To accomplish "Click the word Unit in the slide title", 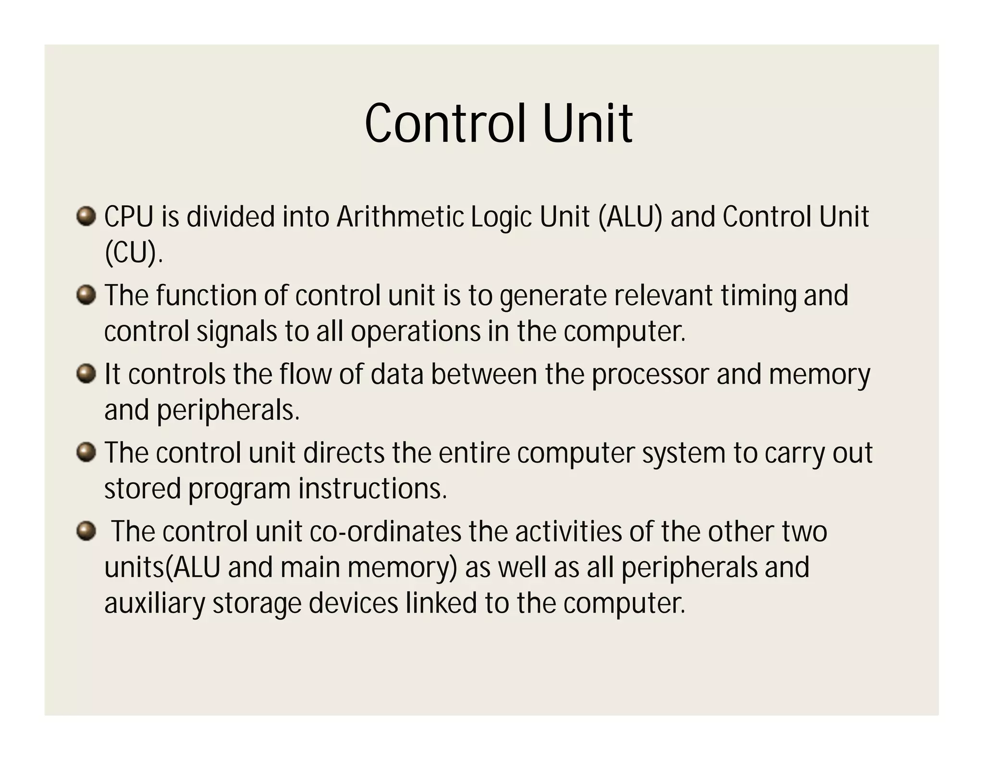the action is (x=587, y=124).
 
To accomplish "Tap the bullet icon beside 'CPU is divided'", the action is (x=86, y=216).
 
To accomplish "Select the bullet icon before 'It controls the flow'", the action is (x=86, y=374).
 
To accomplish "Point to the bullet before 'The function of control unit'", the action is (x=86, y=294).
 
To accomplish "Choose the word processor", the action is (x=650, y=375).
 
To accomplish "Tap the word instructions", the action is (x=372, y=489).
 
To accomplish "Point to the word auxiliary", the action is (x=155, y=604).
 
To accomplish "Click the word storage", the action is (x=257, y=604).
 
